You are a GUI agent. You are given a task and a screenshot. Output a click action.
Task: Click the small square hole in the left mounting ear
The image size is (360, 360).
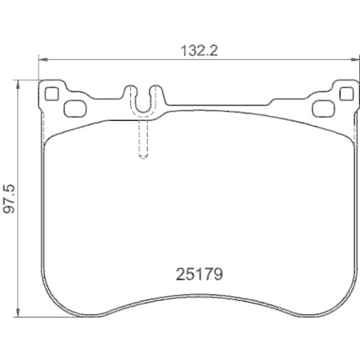pos(52,93)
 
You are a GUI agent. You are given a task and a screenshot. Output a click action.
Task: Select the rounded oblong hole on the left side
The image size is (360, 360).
pos(73,109)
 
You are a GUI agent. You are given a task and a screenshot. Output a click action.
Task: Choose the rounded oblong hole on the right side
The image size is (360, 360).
pos(323,109)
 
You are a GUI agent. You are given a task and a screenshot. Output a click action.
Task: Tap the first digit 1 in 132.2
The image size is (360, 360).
pos(184,50)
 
